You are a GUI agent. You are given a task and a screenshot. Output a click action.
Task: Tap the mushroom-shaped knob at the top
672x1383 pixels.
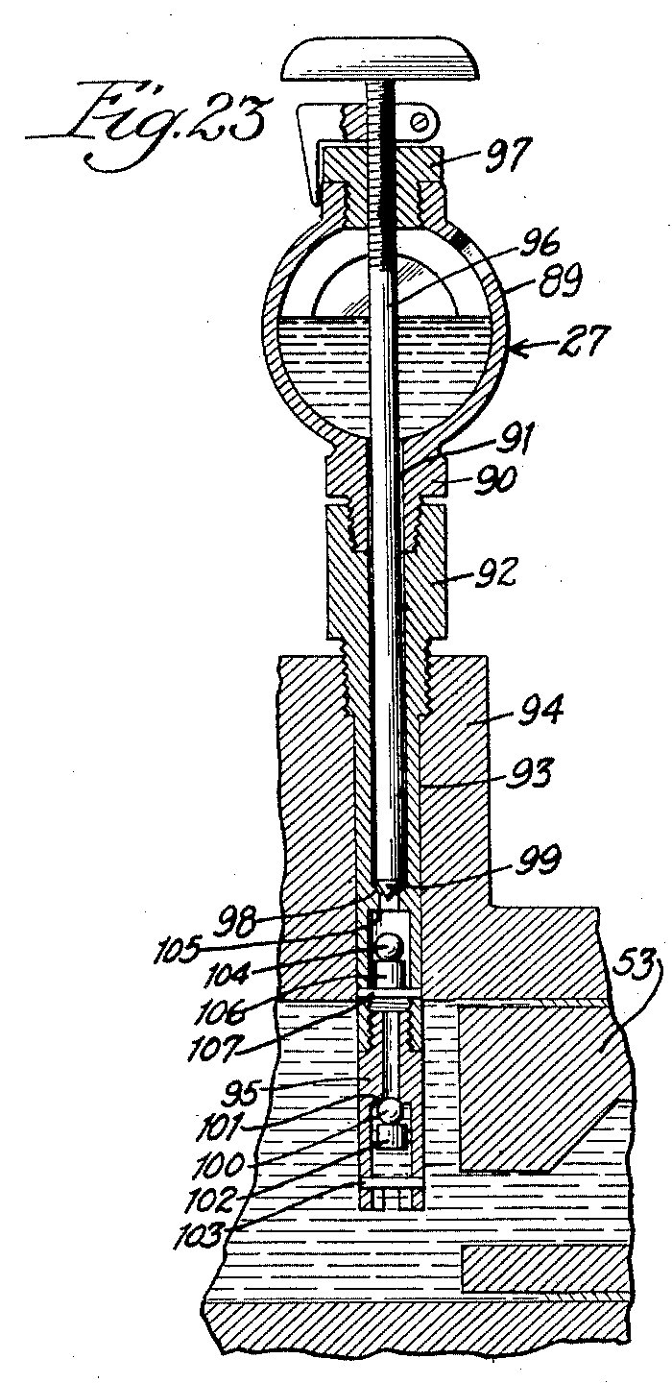(381, 60)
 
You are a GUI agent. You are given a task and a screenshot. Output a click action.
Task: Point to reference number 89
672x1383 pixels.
(557, 283)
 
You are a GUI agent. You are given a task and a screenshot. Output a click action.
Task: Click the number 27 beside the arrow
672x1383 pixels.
(581, 339)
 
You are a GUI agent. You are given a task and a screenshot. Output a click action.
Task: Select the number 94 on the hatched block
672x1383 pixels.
(539, 710)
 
